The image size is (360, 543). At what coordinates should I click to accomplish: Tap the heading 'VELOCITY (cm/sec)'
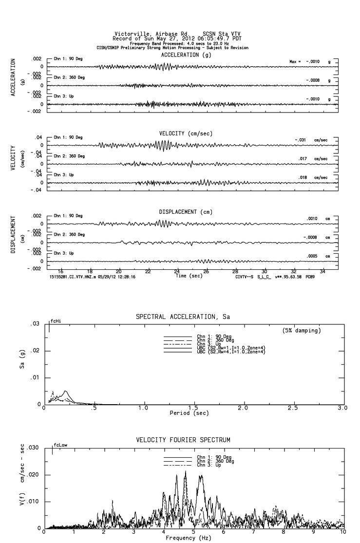click(x=186, y=133)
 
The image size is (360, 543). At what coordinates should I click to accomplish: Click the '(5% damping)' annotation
click(x=302, y=330)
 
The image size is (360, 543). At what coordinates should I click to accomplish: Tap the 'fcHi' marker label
click(x=56, y=321)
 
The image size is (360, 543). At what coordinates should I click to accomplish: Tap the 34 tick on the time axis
click(x=322, y=272)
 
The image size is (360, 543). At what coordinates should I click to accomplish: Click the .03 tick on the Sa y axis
click(x=34, y=324)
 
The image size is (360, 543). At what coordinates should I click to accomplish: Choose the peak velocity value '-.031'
click(x=300, y=140)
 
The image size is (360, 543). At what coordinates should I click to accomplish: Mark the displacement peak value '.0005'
click(x=312, y=256)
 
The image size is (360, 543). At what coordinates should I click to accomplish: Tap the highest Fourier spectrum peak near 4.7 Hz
click(x=185, y=471)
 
